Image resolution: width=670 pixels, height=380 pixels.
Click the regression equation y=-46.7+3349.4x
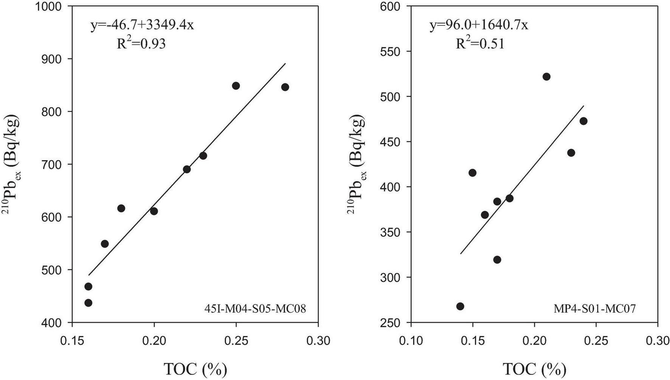pos(142,25)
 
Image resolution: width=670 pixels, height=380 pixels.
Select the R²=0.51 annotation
pos(480,44)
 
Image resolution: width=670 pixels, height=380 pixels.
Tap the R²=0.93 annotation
pos(141,44)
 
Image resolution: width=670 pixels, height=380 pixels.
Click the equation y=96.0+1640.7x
pos(479,25)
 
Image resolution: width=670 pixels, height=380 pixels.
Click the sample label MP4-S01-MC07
pos(595,309)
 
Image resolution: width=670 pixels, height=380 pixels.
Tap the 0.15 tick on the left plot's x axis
pos(72,340)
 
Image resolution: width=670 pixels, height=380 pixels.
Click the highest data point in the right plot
pos(546,77)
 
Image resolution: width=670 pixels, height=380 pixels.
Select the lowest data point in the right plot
pos(460,306)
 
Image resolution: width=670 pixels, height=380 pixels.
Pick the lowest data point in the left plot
pos(88,303)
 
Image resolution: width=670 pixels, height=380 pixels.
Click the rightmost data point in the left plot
pos(285,87)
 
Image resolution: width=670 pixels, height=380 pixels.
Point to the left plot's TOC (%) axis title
pos(195,369)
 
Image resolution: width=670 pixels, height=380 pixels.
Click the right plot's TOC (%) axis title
pos(534,369)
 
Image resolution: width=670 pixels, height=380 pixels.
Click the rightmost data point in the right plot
pos(583,121)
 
